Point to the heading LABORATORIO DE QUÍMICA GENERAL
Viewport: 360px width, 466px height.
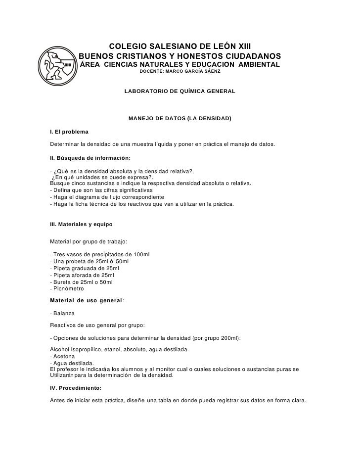tap(180, 92)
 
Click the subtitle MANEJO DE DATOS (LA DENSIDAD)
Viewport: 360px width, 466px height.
tap(180, 119)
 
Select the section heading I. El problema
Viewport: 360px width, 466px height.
tap(69, 132)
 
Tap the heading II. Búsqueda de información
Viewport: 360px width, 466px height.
tap(90, 158)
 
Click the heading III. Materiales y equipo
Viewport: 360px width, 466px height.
tap(82, 224)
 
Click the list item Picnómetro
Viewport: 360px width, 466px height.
tap(68, 288)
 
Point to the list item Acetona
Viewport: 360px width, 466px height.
tap(64, 356)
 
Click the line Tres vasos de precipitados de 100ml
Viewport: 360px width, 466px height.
tap(100, 254)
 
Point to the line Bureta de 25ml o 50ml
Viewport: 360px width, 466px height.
tap(82, 282)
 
